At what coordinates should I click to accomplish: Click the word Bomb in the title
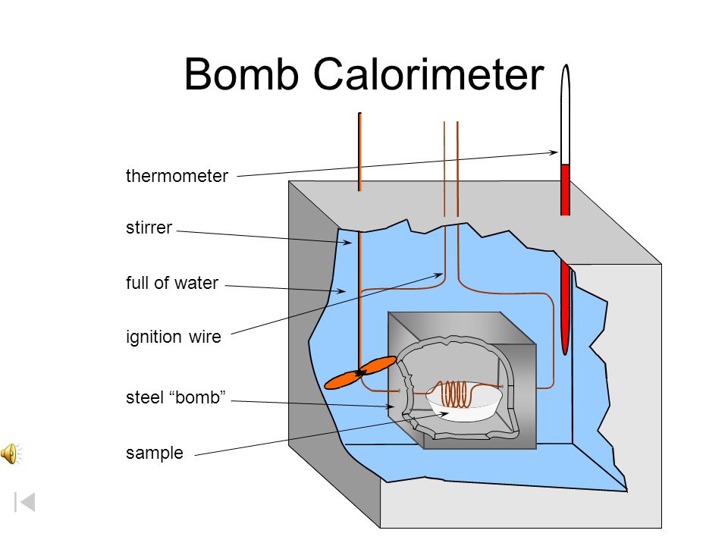tap(241, 74)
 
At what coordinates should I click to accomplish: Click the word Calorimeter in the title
tap(428, 74)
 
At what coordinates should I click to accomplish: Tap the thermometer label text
tap(177, 176)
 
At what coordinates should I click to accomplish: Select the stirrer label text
tap(149, 227)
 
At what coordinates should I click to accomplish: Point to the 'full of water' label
tap(172, 283)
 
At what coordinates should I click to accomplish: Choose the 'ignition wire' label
tap(173, 337)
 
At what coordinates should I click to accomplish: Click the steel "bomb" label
tap(175, 397)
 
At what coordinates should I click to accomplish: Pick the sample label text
tap(155, 453)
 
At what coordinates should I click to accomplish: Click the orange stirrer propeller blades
tap(360, 372)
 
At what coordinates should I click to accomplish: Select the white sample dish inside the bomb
tap(464, 405)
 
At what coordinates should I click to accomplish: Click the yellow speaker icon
tap(11, 453)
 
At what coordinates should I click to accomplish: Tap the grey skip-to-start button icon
tap(25, 502)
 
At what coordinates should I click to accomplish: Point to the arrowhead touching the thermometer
tap(554, 152)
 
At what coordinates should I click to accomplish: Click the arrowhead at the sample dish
tap(444, 414)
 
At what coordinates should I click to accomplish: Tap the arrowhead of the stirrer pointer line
tap(347, 242)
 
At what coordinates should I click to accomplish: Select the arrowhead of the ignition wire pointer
tap(438, 275)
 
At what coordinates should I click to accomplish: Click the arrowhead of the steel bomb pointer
tap(389, 406)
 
